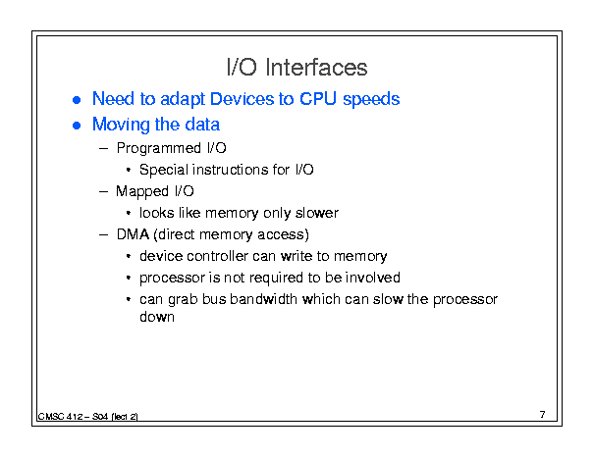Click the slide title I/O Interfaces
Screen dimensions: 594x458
pos(297,68)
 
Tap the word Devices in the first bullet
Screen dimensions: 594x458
pos(242,99)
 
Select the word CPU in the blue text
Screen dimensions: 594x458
pos(318,99)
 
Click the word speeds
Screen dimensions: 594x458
pos(371,100)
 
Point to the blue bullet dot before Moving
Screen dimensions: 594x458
pos(77,126)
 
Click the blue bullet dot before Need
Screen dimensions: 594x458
pos(77,100)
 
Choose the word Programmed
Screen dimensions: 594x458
pos(159,148)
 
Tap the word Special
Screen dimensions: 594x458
pos(164,170)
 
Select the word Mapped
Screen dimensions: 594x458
pos(142,191)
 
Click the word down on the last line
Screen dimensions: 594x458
pos(157,317)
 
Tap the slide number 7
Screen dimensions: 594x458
pos(543,415)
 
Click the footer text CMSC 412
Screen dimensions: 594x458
pos(60,417)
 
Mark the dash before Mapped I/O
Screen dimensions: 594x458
pos(103,192)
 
